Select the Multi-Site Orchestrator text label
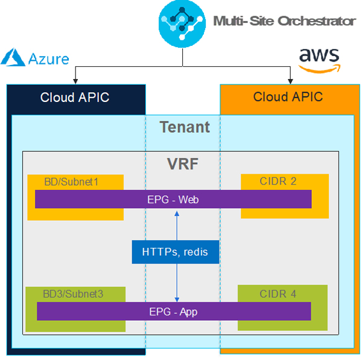tap(284, 21)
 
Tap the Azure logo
tap(35, 58)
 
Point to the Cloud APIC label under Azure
tap(75, 97)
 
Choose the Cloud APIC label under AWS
tap(288, 96)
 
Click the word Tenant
tap(185, 127)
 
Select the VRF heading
tap(182, 164)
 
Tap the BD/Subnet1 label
tap(71, 181)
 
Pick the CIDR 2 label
tap(278, 181)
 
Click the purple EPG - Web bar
tap(173, 199)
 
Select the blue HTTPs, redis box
tap(175, 251)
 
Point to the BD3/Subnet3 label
tap(73, 294)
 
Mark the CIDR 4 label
tap(278, 294)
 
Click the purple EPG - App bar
tap(173, 312)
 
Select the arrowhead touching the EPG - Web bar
tap(177, 211)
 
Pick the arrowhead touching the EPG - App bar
tap(177, 299)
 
